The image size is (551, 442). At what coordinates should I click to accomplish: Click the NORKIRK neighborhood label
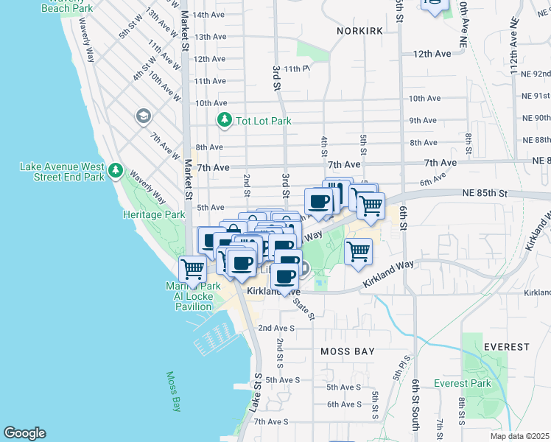tap(362, 31)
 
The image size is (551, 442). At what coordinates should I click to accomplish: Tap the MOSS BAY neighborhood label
tap(348, 352)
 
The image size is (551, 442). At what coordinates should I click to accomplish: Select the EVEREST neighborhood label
tap(507, 346)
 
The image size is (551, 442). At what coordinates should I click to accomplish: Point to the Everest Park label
tap(463, 383)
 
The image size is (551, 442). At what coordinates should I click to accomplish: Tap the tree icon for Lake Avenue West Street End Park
tap(115, 171)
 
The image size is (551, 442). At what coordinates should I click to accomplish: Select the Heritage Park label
tap(153, 215)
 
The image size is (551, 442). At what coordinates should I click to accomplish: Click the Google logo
tap(24, 433)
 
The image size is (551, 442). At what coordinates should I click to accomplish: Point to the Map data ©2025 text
tap(519, 436)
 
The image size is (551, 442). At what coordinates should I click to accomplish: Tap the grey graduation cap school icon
tap(143, 116)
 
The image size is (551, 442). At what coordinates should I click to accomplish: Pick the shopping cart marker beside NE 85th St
tap(371, 205)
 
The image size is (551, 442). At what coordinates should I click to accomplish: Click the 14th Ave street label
tap(208, 15)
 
